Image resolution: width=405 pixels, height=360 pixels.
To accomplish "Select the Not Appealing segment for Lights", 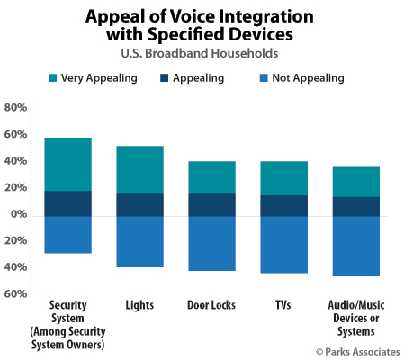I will pyautogui.click(x=139, y=241).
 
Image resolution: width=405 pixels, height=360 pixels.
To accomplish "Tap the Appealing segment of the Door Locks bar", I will pyautogui.click(x=211, y=204).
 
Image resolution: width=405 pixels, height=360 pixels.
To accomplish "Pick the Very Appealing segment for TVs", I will pyautogui.click(x=283, y=178).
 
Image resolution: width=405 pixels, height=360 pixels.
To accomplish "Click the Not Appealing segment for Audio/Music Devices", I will pyautogui.click(x=357, y=246).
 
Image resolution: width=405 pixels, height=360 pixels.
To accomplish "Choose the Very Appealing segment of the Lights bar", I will pyautogui.click(x=139, y=169).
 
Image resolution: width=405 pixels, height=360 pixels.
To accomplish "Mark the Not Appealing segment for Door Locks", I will pyautogui.click(x=211, y=243).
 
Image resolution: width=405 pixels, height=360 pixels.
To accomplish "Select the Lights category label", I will pyautogui.click(x=139, y=305).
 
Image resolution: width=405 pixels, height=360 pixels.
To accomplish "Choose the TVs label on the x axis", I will pyautogui.click(x=283, y=305).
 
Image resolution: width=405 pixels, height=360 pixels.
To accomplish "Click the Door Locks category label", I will pyautogui.click(x=211, y=305).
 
